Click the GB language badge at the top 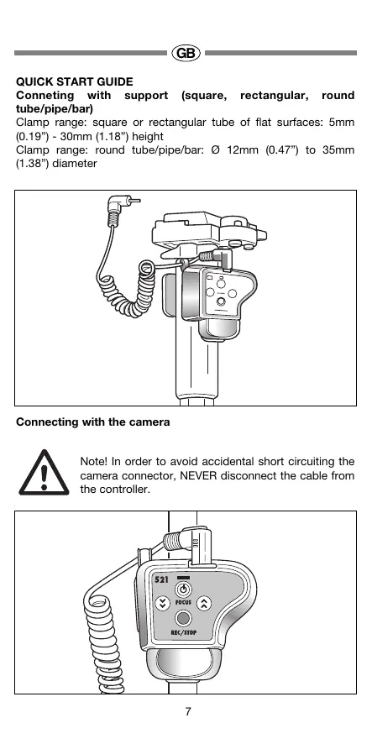[x=186, y=53]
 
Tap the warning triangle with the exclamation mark [x=44, y=473]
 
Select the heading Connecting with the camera [x=93, y=422]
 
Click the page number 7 [x=188, y=712]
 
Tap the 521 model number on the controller [x=162, y=579]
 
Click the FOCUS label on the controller [x=183, y=603]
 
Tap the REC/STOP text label [x=184, y=632]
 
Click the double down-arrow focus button [x=163, y=604]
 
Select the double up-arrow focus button [x=204, y=603]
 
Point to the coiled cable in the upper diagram [x=127, y=290]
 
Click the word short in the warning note [x=270, y=462]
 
